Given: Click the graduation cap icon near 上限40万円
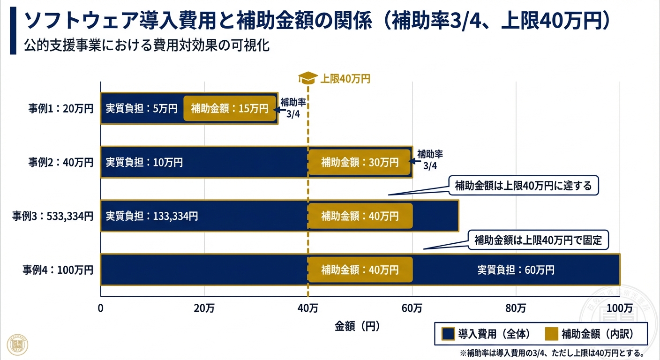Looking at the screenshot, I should [x=307, y=78].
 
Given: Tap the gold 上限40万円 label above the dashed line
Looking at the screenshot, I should [x=345, y=79].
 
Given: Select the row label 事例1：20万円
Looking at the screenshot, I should [x=60, y=108].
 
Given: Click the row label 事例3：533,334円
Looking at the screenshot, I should [x=53, y=216].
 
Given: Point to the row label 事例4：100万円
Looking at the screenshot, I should [x=58, y=270].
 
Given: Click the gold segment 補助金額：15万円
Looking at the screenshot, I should [x=229, y=108].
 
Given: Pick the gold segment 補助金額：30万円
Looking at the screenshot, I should [x=360, y=162].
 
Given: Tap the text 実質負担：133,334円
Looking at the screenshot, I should [x=151, y=216].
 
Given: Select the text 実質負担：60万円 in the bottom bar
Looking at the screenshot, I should [x=516, y=270].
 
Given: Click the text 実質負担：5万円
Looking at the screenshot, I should [x=141, y=108].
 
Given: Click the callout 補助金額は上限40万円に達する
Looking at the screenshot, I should [x=523, y=186].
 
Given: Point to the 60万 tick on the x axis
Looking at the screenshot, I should [x=412, y=308].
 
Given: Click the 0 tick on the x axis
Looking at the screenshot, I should [x=100, y=308].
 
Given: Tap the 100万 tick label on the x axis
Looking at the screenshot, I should [x=620, y=308].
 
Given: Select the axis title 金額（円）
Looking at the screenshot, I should [x=357, y=325].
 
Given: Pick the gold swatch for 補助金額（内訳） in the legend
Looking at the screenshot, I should [x=552, y=334].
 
